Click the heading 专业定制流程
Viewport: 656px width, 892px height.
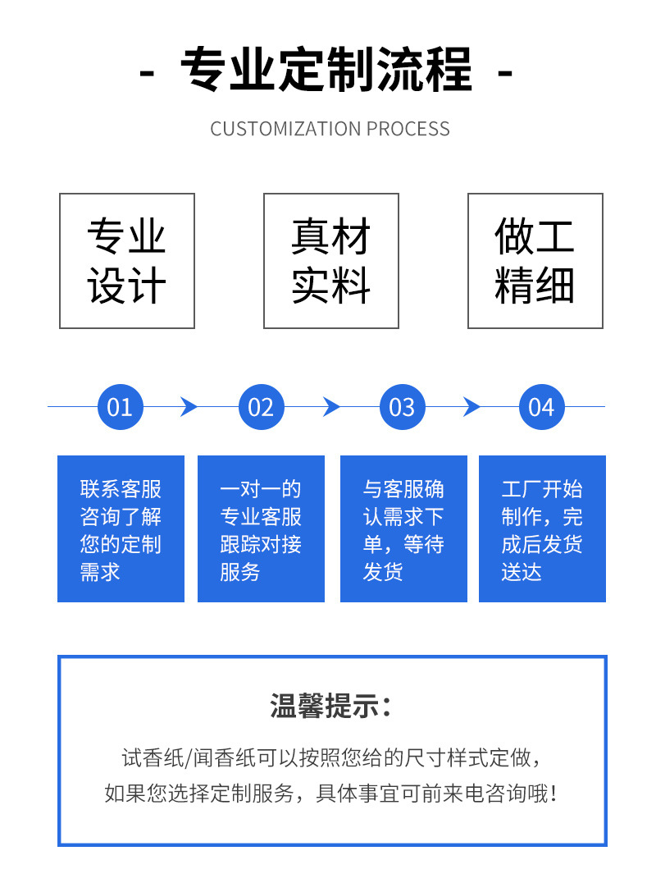(326, 71)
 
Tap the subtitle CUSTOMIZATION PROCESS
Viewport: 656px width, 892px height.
(330, 129)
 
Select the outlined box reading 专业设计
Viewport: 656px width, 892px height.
(127, 261)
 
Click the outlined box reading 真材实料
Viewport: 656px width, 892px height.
(331, 261)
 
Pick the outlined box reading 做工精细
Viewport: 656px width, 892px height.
(535, 261)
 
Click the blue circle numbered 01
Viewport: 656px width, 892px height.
(120, 407)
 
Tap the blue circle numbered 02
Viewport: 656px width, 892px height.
(261, 407)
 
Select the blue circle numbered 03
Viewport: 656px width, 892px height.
(402, 407)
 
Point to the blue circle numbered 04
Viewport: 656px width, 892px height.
(542, 407)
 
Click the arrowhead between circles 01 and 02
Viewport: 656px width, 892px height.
(189, 407)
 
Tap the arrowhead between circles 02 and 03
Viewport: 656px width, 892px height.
(330, 407)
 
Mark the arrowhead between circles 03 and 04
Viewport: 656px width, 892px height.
(471, 407)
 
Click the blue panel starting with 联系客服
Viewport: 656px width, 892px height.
(121, 528)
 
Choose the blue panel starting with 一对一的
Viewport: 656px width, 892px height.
(262, 528)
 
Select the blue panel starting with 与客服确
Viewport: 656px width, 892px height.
(403, 528)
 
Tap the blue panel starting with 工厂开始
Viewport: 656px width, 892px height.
(542, 528)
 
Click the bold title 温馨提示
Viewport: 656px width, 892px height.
(330, 706)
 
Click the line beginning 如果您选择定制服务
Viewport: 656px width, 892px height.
(330, 794)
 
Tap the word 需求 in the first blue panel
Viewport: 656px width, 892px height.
(100, 572)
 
